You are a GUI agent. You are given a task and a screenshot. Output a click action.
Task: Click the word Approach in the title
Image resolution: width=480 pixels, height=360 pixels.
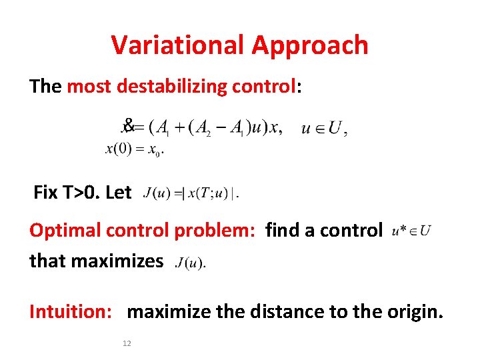pyautogui.click(x=310, y=45)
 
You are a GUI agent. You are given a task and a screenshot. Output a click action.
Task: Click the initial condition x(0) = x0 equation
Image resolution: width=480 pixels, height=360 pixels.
pyautogui.click(x=135, y=149)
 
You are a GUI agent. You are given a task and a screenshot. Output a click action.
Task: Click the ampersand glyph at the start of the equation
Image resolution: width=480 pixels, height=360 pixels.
pyautogui.click(x=129, y=124)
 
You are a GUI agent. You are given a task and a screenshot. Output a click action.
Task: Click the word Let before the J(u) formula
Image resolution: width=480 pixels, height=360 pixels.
pyautogui.click(x=119, y=193)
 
